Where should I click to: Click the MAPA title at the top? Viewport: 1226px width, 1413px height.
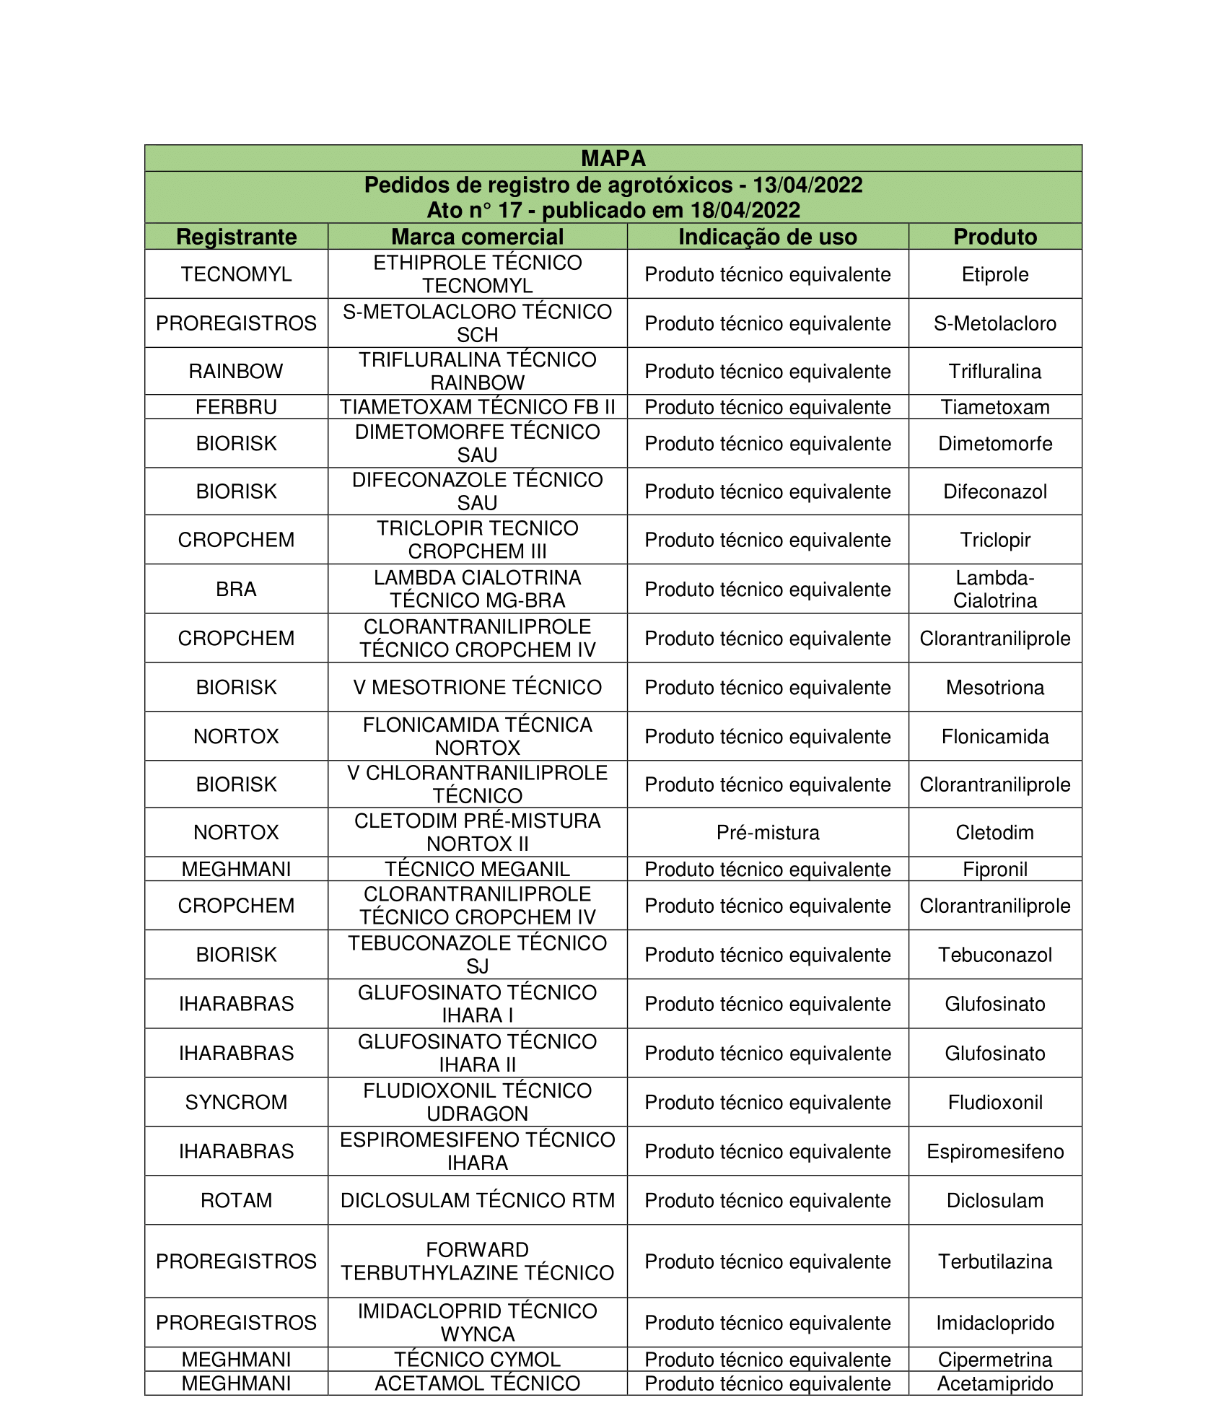pos(613,158)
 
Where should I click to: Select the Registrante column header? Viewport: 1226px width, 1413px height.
pos(236,237)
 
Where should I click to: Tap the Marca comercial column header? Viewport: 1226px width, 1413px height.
pos(477,237)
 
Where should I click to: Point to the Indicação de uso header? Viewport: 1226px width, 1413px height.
pos(767,237)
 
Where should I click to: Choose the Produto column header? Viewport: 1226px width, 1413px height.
pos(994,237)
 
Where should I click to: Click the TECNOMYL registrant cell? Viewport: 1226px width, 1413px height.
pos(236,274)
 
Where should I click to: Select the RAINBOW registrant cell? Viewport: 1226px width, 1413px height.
pos(236,371)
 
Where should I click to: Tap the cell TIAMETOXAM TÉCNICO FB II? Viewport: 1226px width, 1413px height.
pos(477,407)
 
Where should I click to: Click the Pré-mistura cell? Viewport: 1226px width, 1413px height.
pos(767,833)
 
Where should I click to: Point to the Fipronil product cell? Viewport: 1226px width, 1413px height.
pos(994,869)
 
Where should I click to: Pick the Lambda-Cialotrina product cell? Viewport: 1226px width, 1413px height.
pos(994,589)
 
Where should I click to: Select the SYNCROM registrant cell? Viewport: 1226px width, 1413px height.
pos(236,1102)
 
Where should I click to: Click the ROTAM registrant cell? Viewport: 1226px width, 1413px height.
pos(236,1200)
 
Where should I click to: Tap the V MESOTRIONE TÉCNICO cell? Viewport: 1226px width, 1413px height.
pos(477,687)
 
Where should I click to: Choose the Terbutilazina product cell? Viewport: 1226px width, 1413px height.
pos(994,1261)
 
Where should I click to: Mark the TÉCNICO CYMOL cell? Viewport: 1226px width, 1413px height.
pos(477,1360)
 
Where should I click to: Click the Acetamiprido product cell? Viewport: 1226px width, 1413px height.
pos(994,1383)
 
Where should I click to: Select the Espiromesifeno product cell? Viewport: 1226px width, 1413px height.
pos(994,1151)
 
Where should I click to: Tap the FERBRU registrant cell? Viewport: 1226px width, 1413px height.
pos(236,407)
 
